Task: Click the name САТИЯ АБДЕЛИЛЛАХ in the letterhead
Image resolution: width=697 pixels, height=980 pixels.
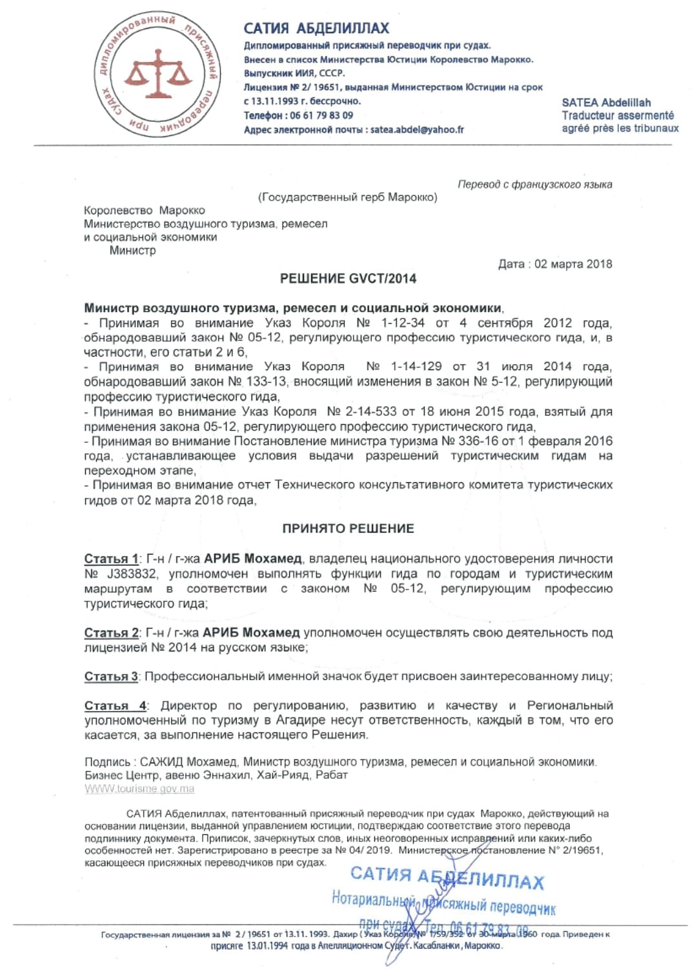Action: [x=316, y=28]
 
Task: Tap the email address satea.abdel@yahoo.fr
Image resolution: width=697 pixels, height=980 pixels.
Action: [x=417, y=130]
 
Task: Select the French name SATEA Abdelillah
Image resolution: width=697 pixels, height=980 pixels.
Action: [x=606, y=103]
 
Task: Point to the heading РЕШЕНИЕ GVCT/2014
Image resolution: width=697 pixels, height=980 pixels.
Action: [x=348, y=279]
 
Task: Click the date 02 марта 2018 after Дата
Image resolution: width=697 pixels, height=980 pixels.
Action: [x=573, y=264]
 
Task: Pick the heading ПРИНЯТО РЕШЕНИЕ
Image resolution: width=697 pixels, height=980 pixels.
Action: [x=348, y=529]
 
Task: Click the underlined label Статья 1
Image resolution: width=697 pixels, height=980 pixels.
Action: [x=111, y=559]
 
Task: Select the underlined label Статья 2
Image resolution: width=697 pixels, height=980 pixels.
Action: [x=111, y=633]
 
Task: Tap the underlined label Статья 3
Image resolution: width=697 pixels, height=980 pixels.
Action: [x=111, y=677]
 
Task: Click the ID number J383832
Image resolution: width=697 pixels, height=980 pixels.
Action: [x=132, y=574]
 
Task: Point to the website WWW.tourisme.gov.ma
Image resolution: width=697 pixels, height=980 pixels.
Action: [x=139, y=789]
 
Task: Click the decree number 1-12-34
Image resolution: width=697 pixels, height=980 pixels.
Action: [x=403, y=323]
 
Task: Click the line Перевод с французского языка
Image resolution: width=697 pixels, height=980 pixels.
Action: [x=534, y=184]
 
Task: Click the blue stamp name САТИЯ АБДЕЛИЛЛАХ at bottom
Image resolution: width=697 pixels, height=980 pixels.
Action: [x=447, y=877]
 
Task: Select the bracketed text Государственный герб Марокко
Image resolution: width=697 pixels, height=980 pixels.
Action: [x=348, y=197]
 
